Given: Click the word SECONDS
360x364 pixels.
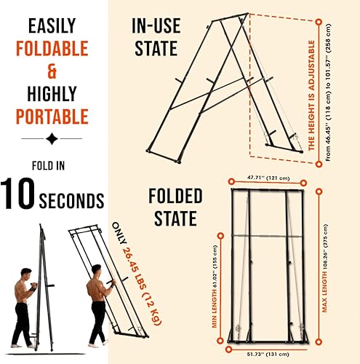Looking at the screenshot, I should click(73, 199).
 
